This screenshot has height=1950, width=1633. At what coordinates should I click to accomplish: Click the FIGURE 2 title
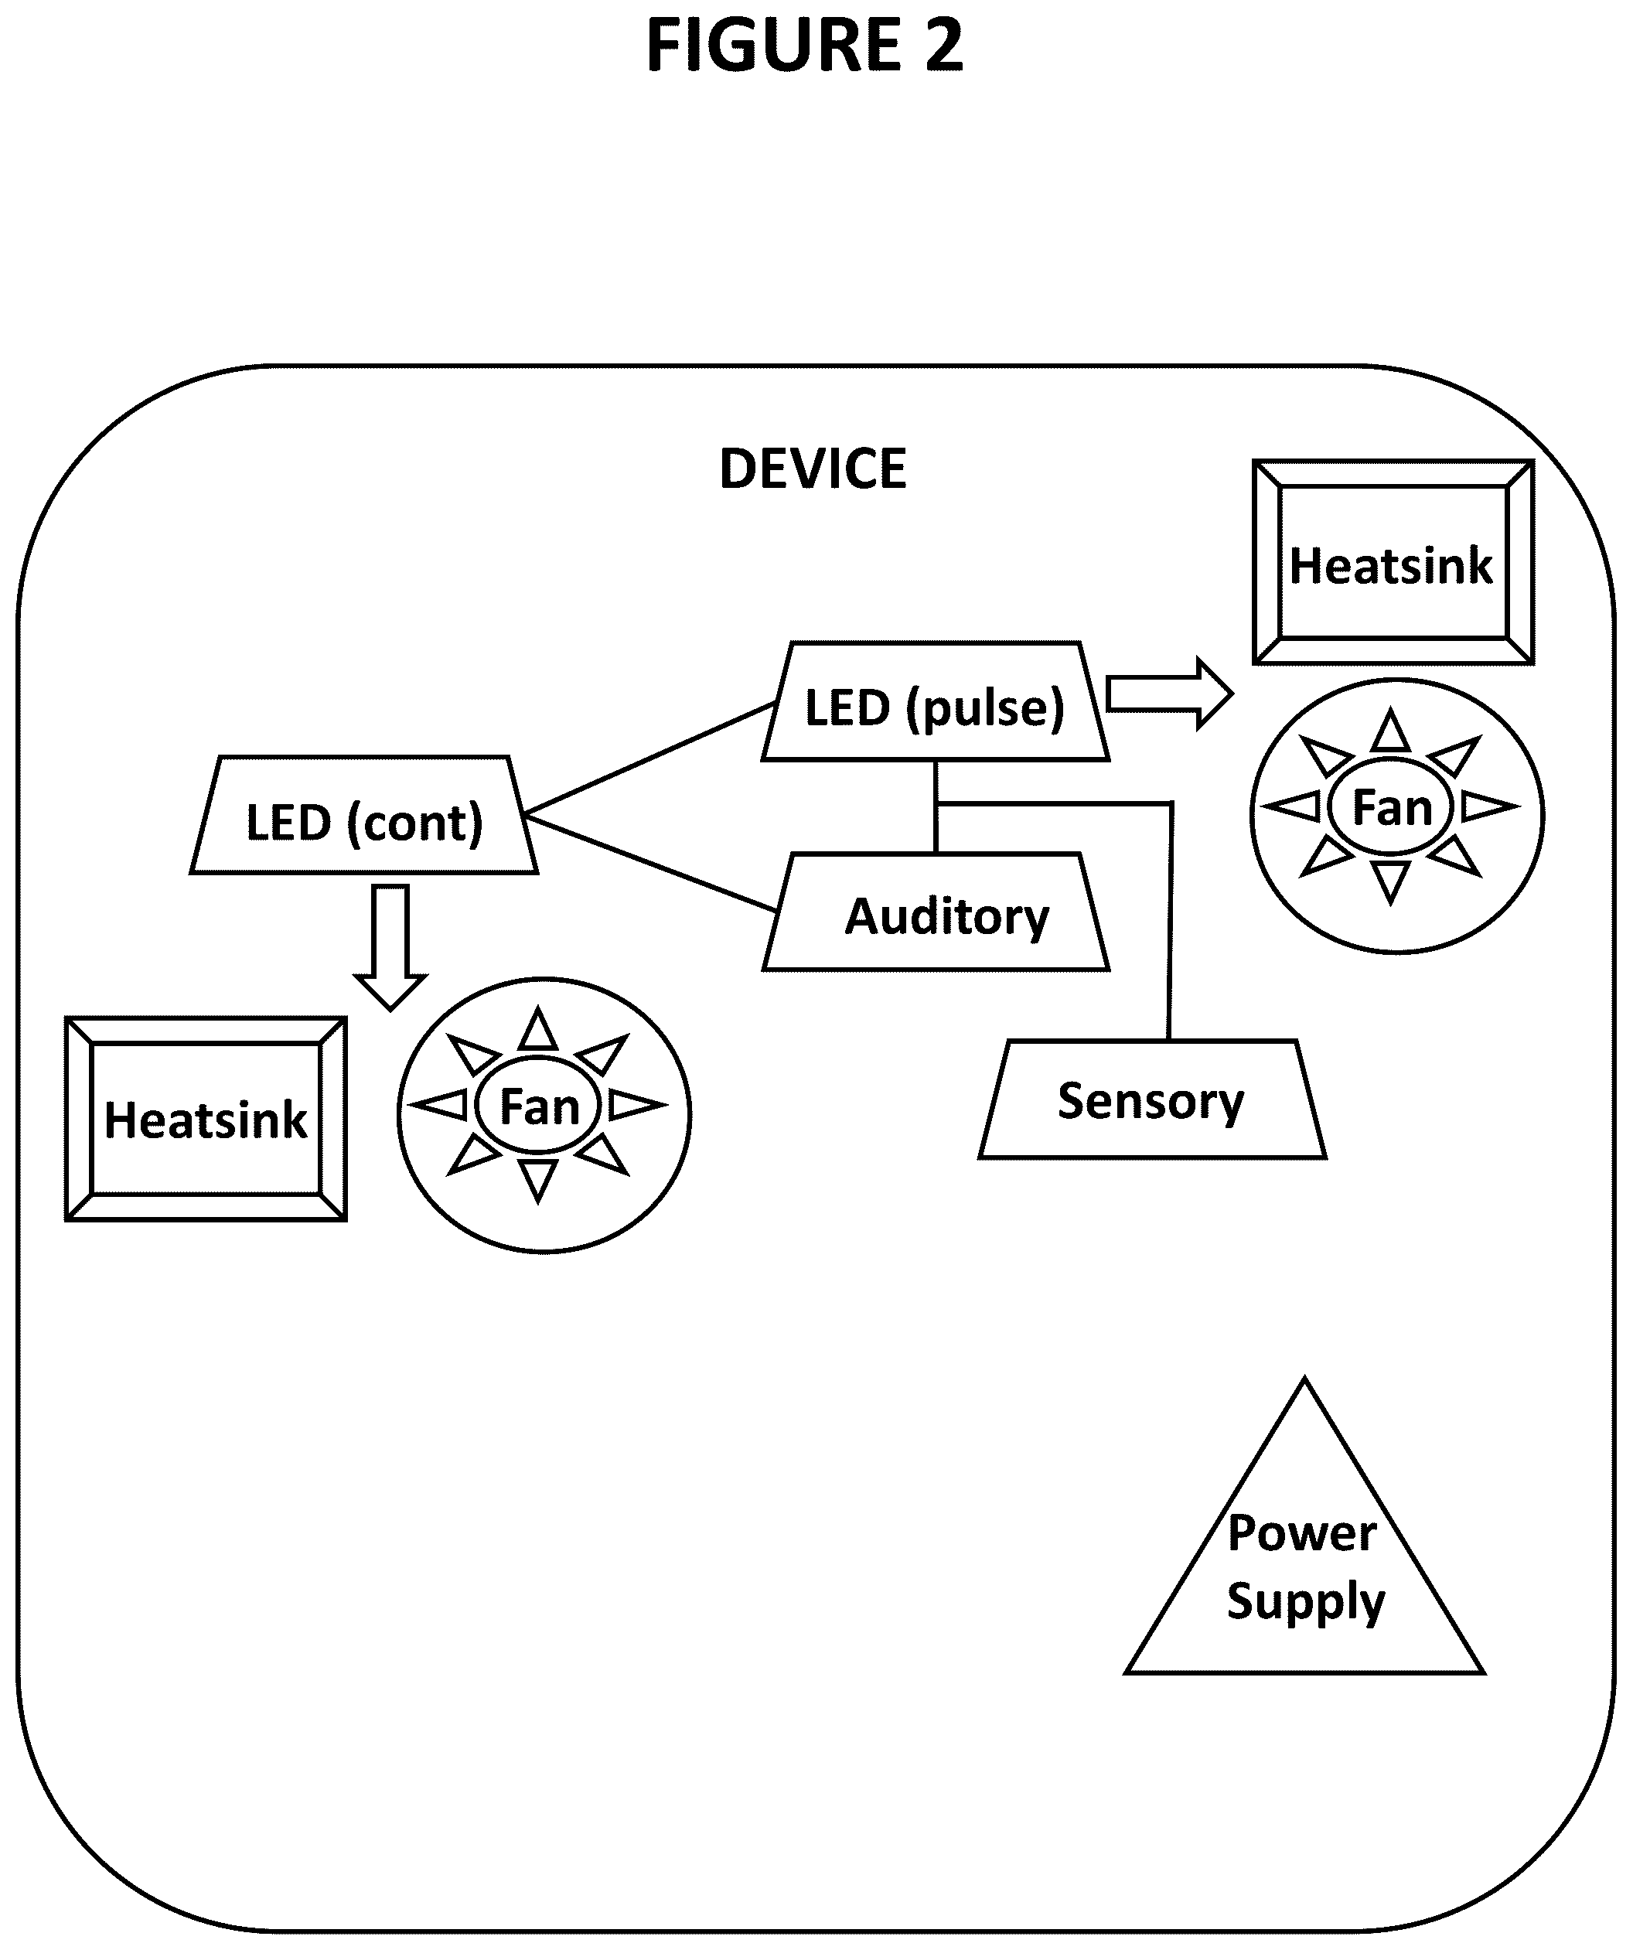pos(805,46)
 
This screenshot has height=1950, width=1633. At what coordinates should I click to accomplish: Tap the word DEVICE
pos(813,469)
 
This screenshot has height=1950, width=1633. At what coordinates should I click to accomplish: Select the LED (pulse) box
pos(936,701)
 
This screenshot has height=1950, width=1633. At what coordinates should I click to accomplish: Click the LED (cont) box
pos(364,815)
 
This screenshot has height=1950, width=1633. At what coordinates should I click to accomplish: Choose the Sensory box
pos(1152,1099)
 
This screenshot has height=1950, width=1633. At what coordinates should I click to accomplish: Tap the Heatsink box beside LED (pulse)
pos(1393,563)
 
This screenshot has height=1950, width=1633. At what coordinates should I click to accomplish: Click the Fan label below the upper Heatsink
pos(1392,808)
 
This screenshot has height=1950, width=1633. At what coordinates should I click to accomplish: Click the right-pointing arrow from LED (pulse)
pos(1170,694)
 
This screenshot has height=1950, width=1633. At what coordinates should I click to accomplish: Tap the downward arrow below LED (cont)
pos(390,947)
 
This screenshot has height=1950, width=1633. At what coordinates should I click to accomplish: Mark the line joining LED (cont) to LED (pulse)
pos(649,759)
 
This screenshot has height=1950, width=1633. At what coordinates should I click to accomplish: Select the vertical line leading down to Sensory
pos(1170,922)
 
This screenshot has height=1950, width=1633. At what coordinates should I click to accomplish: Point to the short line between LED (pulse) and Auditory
pos(936,806)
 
